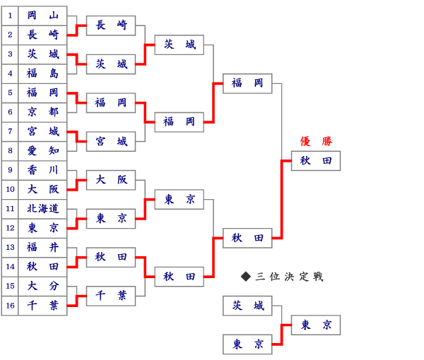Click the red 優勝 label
(316, 141)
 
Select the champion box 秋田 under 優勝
(316, 161)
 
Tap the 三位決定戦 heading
(289, 277)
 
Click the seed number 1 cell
(10, 16)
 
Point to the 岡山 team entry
(42, 16)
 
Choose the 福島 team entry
(42, 73)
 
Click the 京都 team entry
(42, 112)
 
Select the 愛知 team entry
(42, 150)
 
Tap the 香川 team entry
(42, 170)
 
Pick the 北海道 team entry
(42, 209)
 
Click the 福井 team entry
(42, 247)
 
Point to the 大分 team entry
(42, 286)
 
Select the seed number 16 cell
(10, 306)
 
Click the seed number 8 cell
(10, 150)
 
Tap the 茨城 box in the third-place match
(247, 306)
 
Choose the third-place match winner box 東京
(316, 325)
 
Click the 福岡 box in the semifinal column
(247, 83)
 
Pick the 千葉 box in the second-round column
(111, 296)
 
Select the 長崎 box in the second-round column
(111, 25)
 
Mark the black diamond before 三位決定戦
(246, 277)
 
